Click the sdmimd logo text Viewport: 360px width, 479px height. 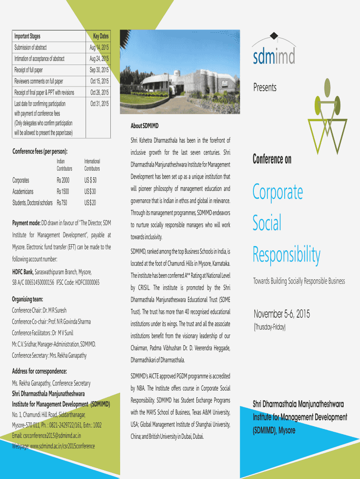coord(274,57)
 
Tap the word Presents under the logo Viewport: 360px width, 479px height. coord(265,87)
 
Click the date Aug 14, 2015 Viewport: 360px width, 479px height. coord(99,47)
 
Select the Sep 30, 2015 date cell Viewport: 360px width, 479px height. coord(99,70)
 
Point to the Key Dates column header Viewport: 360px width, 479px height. coord(101,36)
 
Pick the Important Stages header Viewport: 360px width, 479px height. coord(27,36)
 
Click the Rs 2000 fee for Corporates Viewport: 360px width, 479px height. coord(63,180)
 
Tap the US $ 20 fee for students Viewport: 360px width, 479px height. coord(90,203)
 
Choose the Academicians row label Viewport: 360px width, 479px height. coord(27,191)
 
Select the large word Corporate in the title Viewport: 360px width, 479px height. coord(278,192)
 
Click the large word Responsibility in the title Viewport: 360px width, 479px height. coord(287,255)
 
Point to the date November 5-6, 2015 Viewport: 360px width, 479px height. coord(281,313)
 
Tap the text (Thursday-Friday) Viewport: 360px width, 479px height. coord(270,327)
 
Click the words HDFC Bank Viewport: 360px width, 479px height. coord(22,272)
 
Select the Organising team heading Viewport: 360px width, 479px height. coord(28,299)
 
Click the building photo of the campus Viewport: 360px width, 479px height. coord(180,74)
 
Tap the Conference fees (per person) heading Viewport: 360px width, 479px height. coord(40,152)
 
